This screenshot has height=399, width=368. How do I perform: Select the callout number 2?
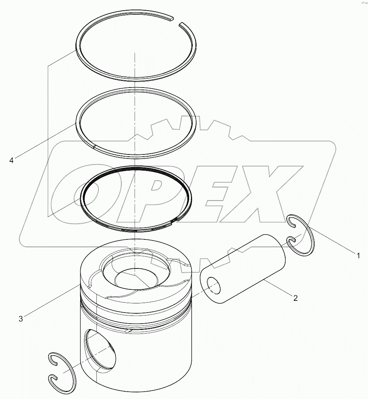tap(295, 298)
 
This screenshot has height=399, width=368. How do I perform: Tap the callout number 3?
tap(21, 318)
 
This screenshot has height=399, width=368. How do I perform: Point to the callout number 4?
tap(11, 160)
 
